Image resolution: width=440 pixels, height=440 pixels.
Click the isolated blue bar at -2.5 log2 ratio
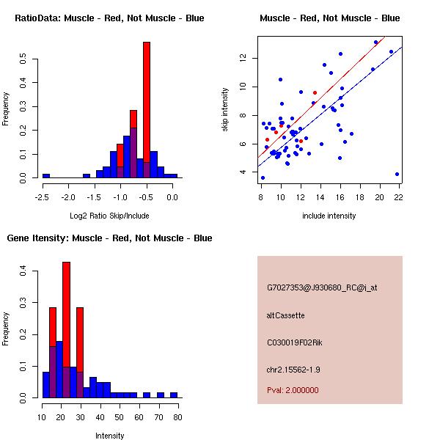46,176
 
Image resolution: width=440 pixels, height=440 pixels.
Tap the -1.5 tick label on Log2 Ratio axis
94,197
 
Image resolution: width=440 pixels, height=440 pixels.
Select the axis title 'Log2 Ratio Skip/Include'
109,216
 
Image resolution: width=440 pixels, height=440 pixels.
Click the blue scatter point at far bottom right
397,175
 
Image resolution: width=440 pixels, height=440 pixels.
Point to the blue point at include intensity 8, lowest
263,178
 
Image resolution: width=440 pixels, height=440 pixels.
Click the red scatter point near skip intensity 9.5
315,92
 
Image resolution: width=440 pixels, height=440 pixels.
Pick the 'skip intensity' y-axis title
225,109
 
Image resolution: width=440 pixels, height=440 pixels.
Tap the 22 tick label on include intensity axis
398,197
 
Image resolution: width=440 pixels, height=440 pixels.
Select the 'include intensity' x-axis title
329,216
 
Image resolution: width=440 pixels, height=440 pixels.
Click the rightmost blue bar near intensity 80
174,395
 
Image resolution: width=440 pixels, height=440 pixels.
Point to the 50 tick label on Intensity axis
120,417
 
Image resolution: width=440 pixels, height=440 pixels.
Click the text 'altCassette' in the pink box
285,315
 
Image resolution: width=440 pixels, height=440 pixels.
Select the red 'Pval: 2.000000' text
293,390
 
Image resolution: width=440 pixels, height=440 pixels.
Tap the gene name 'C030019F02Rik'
294,342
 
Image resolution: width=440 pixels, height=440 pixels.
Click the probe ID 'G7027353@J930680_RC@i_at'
322,288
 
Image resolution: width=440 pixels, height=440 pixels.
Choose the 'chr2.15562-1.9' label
293,370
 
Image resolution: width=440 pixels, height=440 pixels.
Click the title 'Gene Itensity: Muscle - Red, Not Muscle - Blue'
109,238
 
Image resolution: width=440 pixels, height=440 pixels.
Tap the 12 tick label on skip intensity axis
243,58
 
